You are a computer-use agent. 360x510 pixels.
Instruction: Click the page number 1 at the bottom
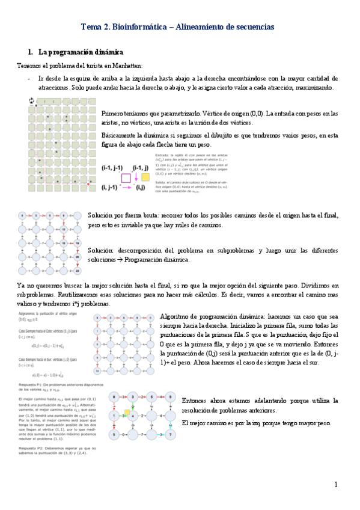click(336, 485)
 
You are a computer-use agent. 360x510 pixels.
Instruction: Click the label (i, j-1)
click(110, 188)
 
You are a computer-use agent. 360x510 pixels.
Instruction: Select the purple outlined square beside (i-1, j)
click(126, 178)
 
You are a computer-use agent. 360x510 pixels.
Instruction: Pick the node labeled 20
click(78, 256)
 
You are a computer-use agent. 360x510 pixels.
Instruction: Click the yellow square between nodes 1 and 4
click(127, 412)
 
